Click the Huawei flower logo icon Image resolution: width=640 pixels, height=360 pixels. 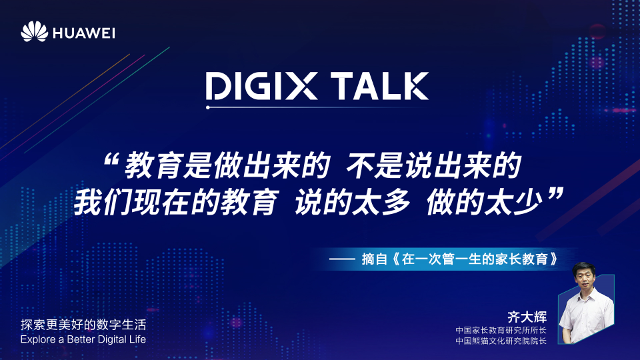(34, 31)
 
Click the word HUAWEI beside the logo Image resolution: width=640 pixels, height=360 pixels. (84, 33)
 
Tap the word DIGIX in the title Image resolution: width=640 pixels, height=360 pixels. (261, 86)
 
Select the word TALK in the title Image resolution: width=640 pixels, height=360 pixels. (379, 86)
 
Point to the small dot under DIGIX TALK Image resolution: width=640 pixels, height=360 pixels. (208, 107)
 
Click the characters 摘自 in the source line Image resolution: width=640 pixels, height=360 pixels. (374, 259)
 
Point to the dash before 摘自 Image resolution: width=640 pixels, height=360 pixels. (342, 259)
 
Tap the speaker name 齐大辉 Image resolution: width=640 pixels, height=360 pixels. (527, 317)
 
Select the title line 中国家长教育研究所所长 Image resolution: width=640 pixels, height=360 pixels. (501, 330)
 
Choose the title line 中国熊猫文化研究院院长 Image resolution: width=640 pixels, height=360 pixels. (501, 341)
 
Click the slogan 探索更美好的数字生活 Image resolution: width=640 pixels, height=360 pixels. (83, 325)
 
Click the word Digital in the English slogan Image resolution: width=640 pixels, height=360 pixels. (113, 339)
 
